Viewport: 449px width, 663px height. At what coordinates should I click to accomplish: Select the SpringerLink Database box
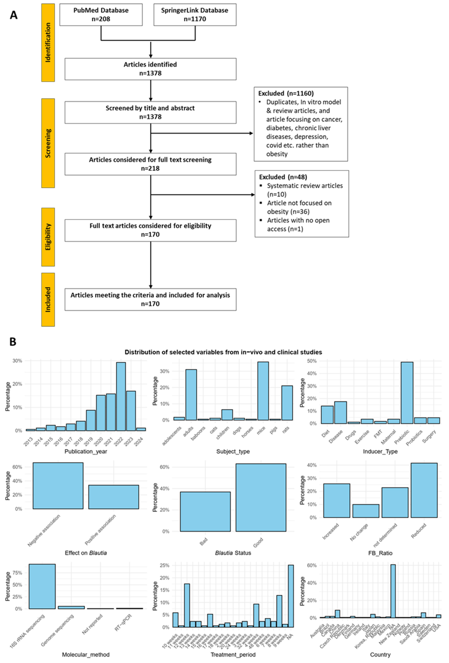(195, 15)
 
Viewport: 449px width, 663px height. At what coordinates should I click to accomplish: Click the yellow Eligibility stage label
(48, 237)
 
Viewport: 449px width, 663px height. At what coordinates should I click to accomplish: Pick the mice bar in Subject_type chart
(263, 391)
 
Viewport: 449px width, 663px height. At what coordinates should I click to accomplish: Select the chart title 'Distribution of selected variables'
(223, 352)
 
